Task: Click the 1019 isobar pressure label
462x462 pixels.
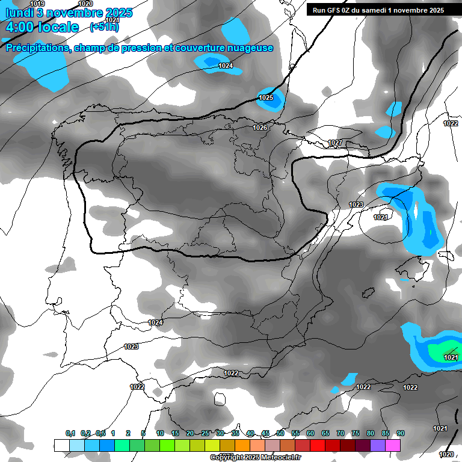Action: coord(37,4)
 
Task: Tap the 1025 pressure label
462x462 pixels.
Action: coord(266,97)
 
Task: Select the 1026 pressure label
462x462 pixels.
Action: coord(260,128)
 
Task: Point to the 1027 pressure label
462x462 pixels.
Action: coord(335,143)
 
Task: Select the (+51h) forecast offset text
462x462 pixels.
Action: coord(105,27)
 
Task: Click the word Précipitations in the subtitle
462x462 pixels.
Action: coord(37,48)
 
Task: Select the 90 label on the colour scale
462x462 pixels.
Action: coord(400,434)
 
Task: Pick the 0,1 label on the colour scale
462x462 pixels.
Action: coord(70,434)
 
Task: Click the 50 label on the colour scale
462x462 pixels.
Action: coord(280,434)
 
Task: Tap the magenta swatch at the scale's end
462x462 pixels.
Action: coord(393,445)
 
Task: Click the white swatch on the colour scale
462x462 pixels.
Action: coord(61,445)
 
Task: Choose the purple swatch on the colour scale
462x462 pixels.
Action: coord(378,445)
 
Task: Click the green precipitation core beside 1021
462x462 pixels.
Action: coord(446,349)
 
